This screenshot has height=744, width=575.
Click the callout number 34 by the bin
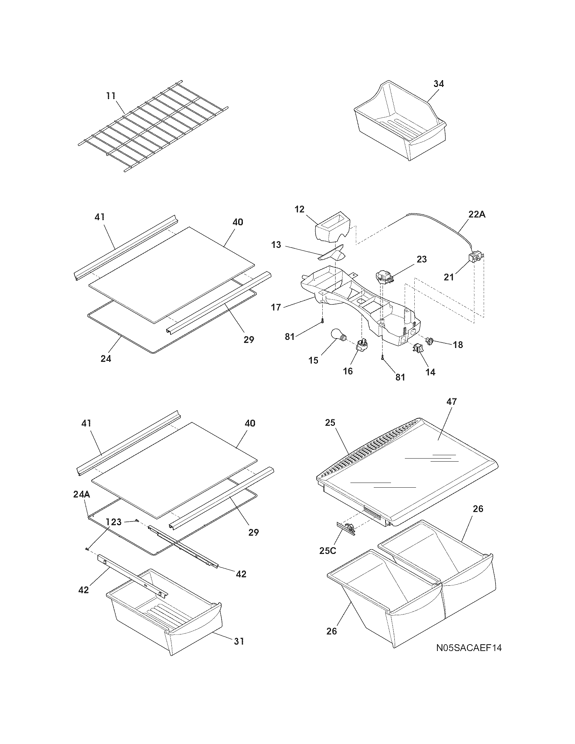(438, 84)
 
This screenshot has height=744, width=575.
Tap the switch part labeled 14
(418, 348)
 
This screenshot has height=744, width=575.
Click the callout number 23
(421, 260)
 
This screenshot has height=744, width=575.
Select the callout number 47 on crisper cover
(452, 402)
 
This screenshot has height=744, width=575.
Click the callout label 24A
(82, 494)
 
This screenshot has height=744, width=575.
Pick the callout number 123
(113, 522)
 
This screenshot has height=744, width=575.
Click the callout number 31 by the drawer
(239, 641)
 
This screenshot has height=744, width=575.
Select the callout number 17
(276, 308)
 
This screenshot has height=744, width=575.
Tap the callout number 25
(330, 423)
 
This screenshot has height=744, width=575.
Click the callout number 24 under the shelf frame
(106, 359)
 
